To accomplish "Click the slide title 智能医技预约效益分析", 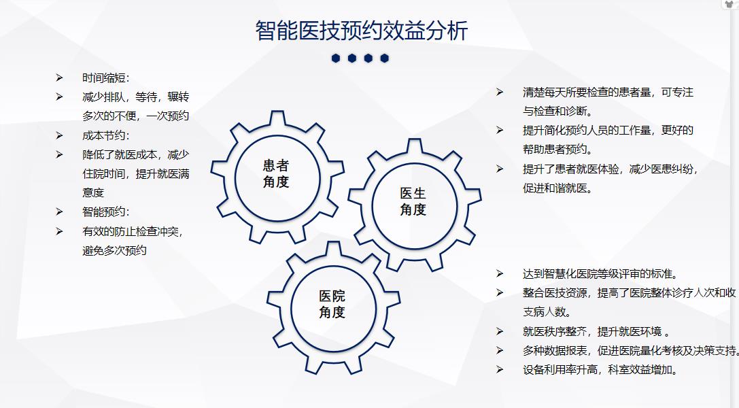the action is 362,31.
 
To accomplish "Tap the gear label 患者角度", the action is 276,173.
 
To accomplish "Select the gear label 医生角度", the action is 413,201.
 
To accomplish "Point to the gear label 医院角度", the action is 332,304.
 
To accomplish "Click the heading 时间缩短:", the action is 105,78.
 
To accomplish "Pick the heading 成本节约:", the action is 105,136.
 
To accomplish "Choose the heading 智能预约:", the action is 105,212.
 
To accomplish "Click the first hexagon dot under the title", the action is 336,58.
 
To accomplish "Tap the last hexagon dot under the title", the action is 385,58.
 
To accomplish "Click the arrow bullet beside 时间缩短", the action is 59,78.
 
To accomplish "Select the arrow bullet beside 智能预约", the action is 59,211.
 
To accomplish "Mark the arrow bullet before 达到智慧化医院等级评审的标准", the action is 500,273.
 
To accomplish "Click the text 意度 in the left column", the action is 93,192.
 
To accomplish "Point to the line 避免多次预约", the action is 114,251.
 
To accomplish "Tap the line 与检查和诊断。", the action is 557,112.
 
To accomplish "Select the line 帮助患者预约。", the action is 557,150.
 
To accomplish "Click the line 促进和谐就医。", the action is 557,188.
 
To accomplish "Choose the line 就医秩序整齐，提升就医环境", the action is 596,332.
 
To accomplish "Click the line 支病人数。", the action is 547,312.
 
